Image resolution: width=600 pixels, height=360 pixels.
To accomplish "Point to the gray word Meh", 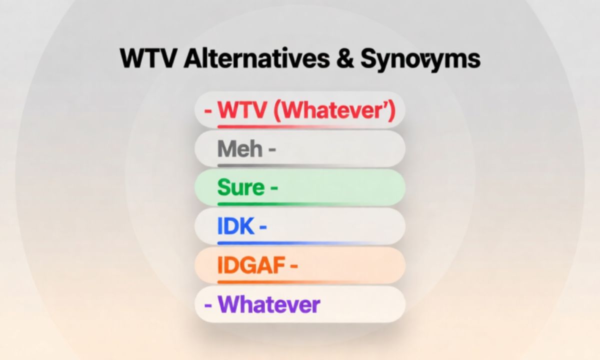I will tap(240, 149).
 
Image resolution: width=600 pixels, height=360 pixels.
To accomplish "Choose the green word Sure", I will tap(241, 188).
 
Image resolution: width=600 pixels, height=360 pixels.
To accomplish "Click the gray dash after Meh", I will tap(272, 149).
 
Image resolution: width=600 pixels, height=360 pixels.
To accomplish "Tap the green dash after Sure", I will tap(273, 188).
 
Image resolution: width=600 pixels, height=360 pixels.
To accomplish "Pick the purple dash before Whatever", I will tap(208, 304).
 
